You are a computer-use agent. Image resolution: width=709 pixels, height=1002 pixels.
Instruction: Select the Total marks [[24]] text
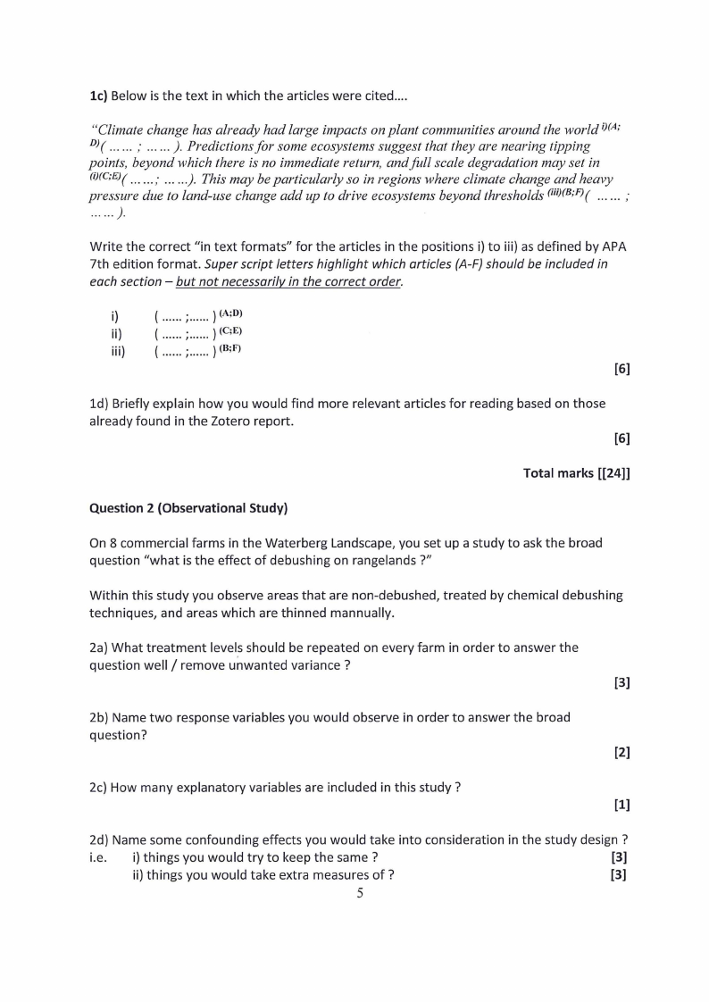tap(576, 473)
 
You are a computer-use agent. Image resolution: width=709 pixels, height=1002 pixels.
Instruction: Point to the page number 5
tap(359, 894)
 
